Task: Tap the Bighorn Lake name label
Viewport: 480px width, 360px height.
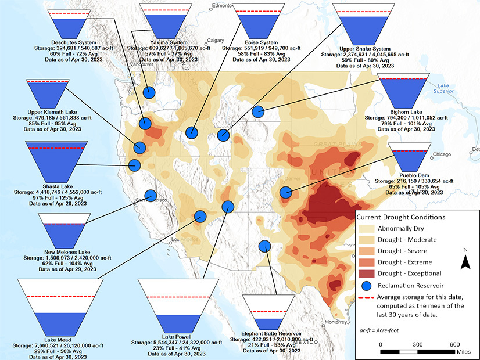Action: click(x=406, y=111)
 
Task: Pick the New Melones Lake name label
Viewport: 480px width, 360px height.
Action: click(x=64, y=252)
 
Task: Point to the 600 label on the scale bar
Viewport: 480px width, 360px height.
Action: click(x=455, y=344)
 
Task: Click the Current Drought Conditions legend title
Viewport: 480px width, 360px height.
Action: click(x=400, y=217)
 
